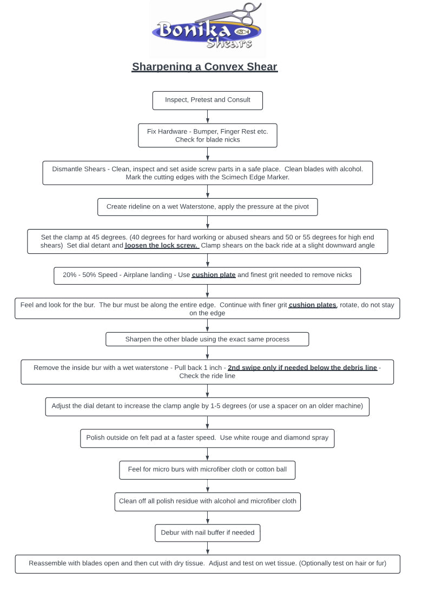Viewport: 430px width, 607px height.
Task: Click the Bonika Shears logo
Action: (207, 30)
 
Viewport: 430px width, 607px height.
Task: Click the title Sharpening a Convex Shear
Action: (204, 67)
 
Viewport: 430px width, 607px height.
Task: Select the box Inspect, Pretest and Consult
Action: (207, 100)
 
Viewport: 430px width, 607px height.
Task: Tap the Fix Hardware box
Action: (207, 136)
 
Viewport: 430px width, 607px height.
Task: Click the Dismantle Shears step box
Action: (207, 173)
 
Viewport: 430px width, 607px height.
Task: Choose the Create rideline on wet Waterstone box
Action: (207, 207)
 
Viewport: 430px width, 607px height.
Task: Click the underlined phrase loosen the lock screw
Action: (162, 246)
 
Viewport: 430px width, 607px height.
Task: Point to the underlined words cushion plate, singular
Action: (214, 275)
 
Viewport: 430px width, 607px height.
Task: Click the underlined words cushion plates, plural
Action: (313, 305)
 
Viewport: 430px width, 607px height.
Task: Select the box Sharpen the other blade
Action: (207, 339)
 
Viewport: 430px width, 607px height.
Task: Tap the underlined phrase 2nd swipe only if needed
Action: (302, 368)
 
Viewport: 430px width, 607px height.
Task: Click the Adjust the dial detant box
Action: (207, 406)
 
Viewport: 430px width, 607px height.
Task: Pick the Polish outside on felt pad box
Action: (207, 438)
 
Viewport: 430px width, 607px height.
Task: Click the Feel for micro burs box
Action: (207, 470)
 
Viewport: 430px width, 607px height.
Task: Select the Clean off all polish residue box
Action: (207, 501)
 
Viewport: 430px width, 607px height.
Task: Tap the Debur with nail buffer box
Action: (207, 533)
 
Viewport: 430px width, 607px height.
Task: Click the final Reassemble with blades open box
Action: (207, 564)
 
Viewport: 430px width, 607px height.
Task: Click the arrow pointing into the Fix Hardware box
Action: (208, 117)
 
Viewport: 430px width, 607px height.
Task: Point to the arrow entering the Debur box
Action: (208, 517)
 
